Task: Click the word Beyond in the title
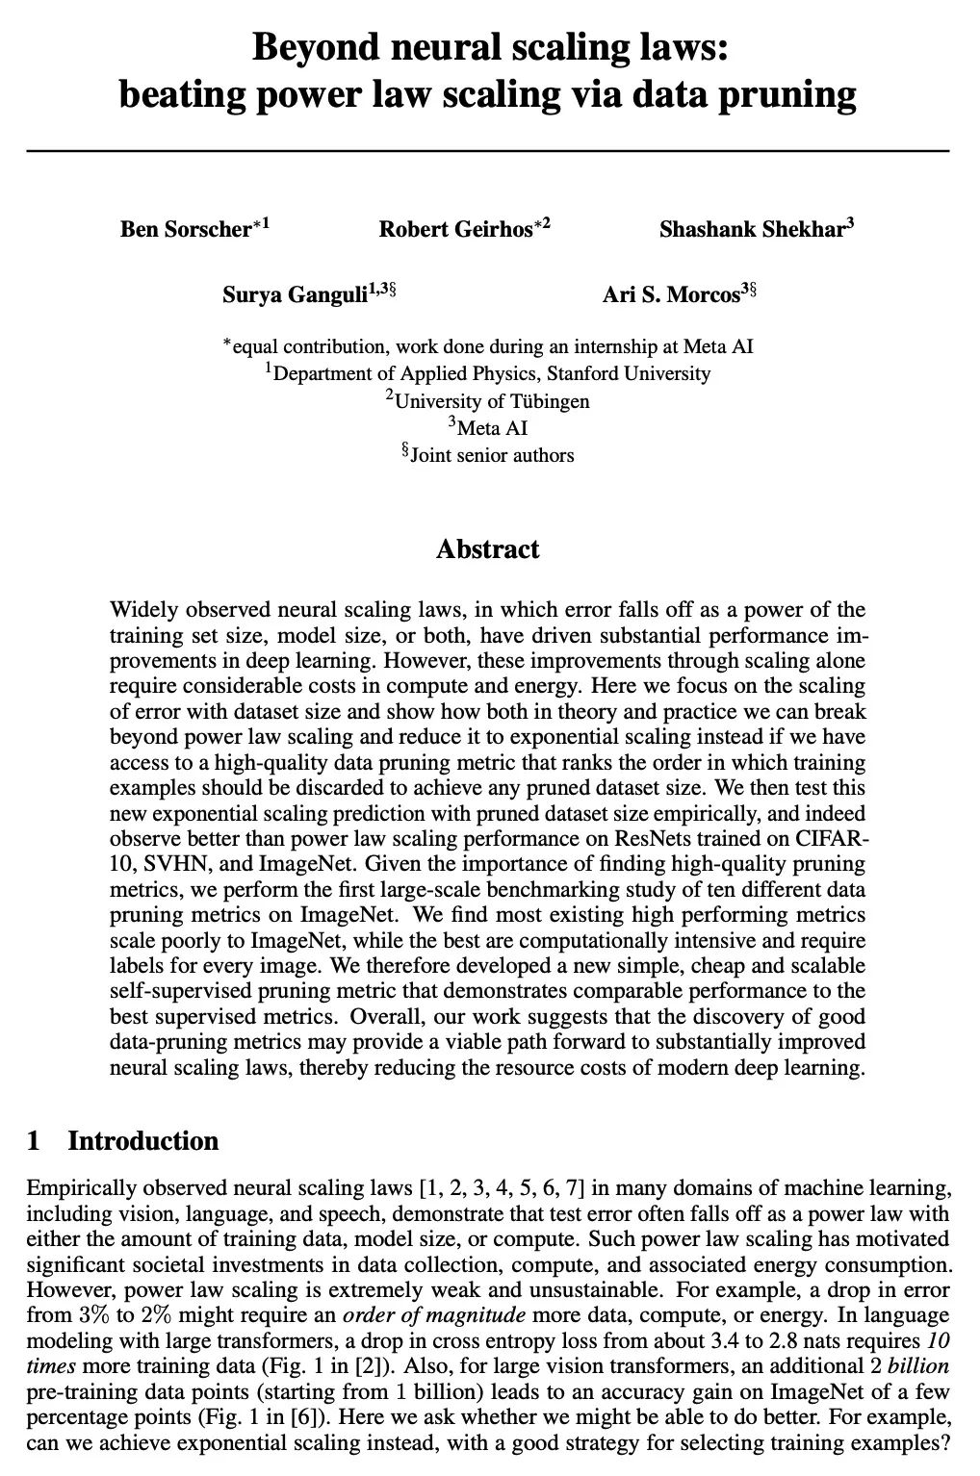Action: [x=307, y=46]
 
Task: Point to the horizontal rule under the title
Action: [x=488, y=151]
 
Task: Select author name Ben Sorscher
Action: [x=186, y=229]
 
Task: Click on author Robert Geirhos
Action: [x=455, y=229]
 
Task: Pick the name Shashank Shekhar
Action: [x=751, y=229]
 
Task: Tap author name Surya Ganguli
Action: [x=295, y=294]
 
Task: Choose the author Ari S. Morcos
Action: [x=671, y=294]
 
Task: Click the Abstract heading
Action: [x=488, y=549]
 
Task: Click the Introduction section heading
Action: [x=142, y=1141]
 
